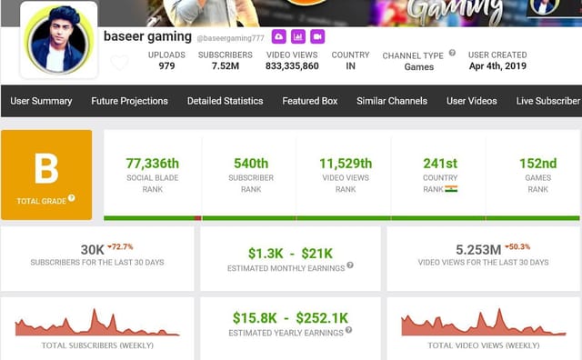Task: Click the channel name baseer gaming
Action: [x=146, y=36]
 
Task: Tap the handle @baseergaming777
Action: [x=230, y=37]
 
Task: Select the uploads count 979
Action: [x=166, y=66]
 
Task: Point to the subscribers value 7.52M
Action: [x=225, y=66]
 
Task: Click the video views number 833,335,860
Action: [x=292, y=66]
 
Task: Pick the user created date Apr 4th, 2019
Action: [x=497, y=66]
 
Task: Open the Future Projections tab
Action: [x=129, y=101]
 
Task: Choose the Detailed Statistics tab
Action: [x=225, y=101]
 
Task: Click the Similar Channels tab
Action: [x=392, y=101]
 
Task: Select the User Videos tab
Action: [x=472, y=101]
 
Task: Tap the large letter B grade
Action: [x=46, y=169]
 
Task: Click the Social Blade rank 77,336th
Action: [x=152, y=164]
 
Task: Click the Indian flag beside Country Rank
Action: [x=451, y=189]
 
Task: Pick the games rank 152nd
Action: [x=537, y=164]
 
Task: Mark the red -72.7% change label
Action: [x=120, y=246]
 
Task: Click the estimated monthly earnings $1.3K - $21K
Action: [x=290, y=253]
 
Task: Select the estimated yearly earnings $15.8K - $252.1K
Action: [x=290, y=317]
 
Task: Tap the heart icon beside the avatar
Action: [x=119, y=63]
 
